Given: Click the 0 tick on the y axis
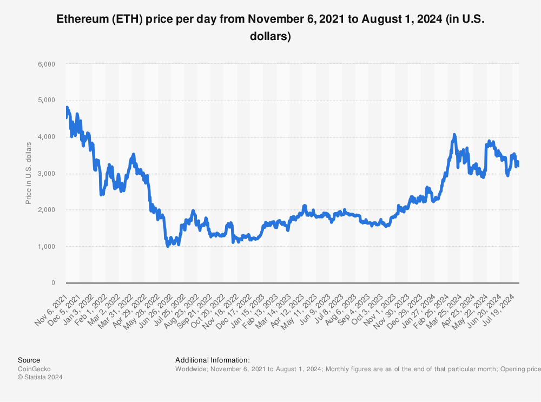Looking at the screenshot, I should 53,283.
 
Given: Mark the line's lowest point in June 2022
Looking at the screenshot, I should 168,246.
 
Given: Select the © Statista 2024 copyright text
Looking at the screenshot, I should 40,378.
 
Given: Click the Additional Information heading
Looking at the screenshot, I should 212,360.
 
